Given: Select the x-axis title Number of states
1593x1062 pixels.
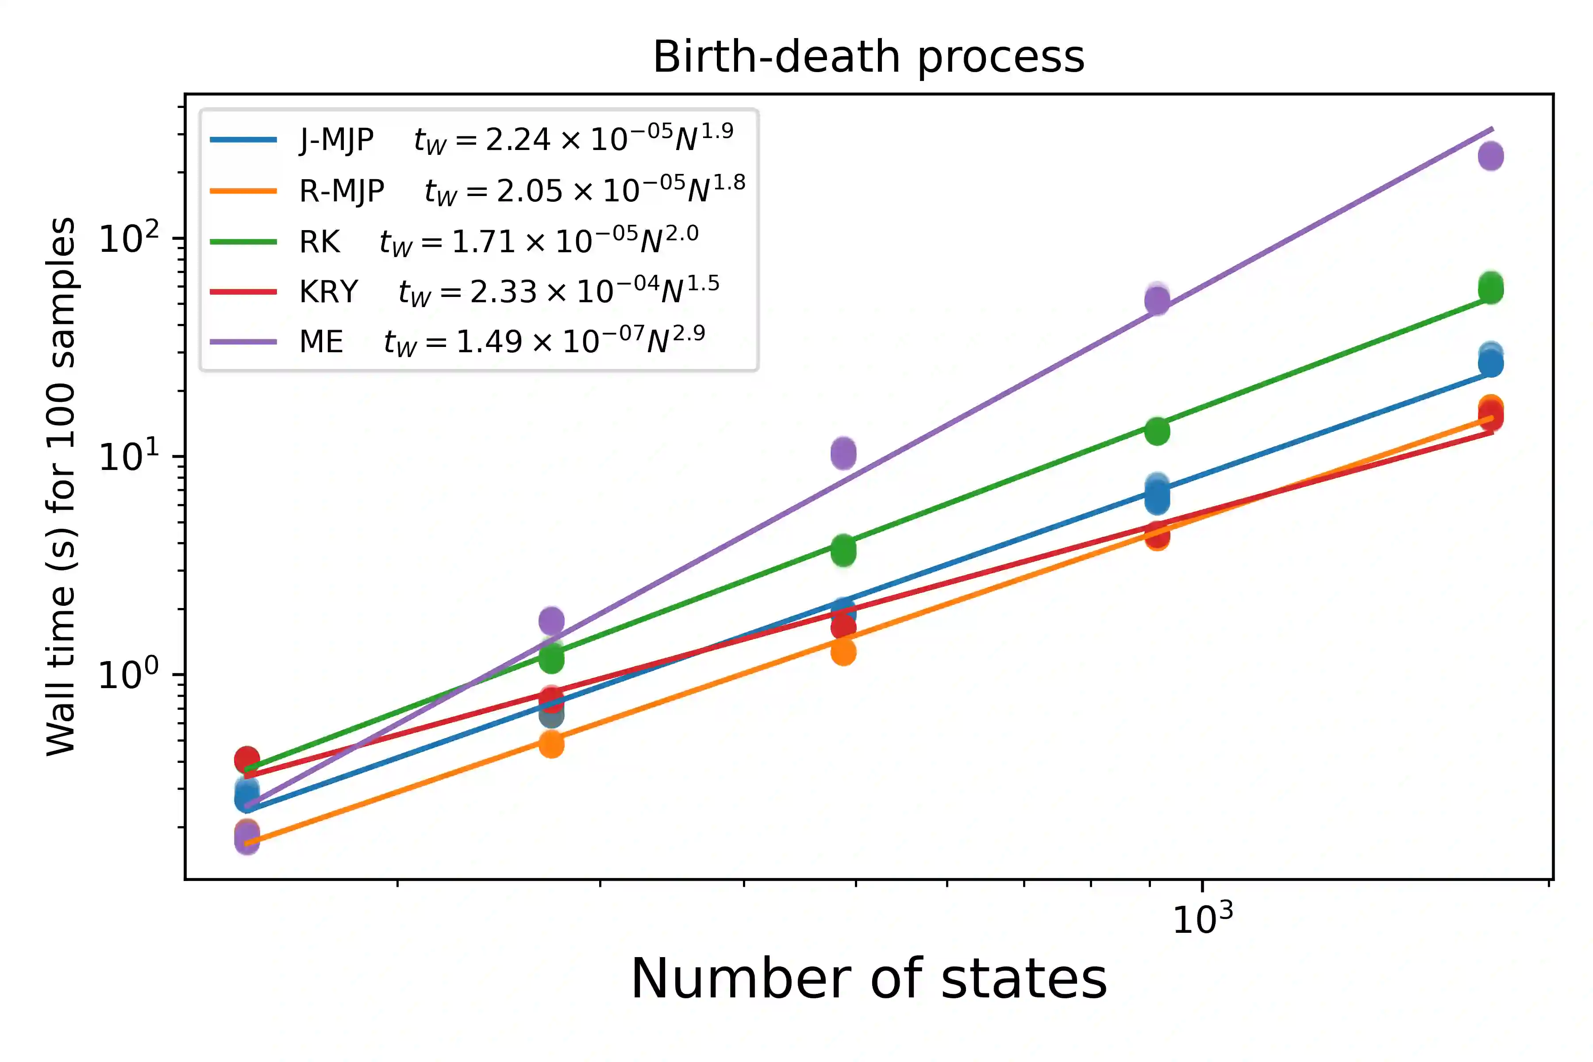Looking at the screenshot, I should pyautogui.click(x=868, y=979).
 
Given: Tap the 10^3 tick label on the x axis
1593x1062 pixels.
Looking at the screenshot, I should pyautogui.click(x=1202, y=919).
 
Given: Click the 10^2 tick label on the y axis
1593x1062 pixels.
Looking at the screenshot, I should pyautogui.click(x=129, y=239).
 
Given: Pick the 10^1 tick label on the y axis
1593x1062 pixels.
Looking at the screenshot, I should pyautogui.click(x=129, y=456).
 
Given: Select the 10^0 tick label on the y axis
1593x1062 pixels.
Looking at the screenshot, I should pyautogui.click(x=129, y=674).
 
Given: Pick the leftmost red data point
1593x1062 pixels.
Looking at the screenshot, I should pyautogui.click(x=246, y=760).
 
